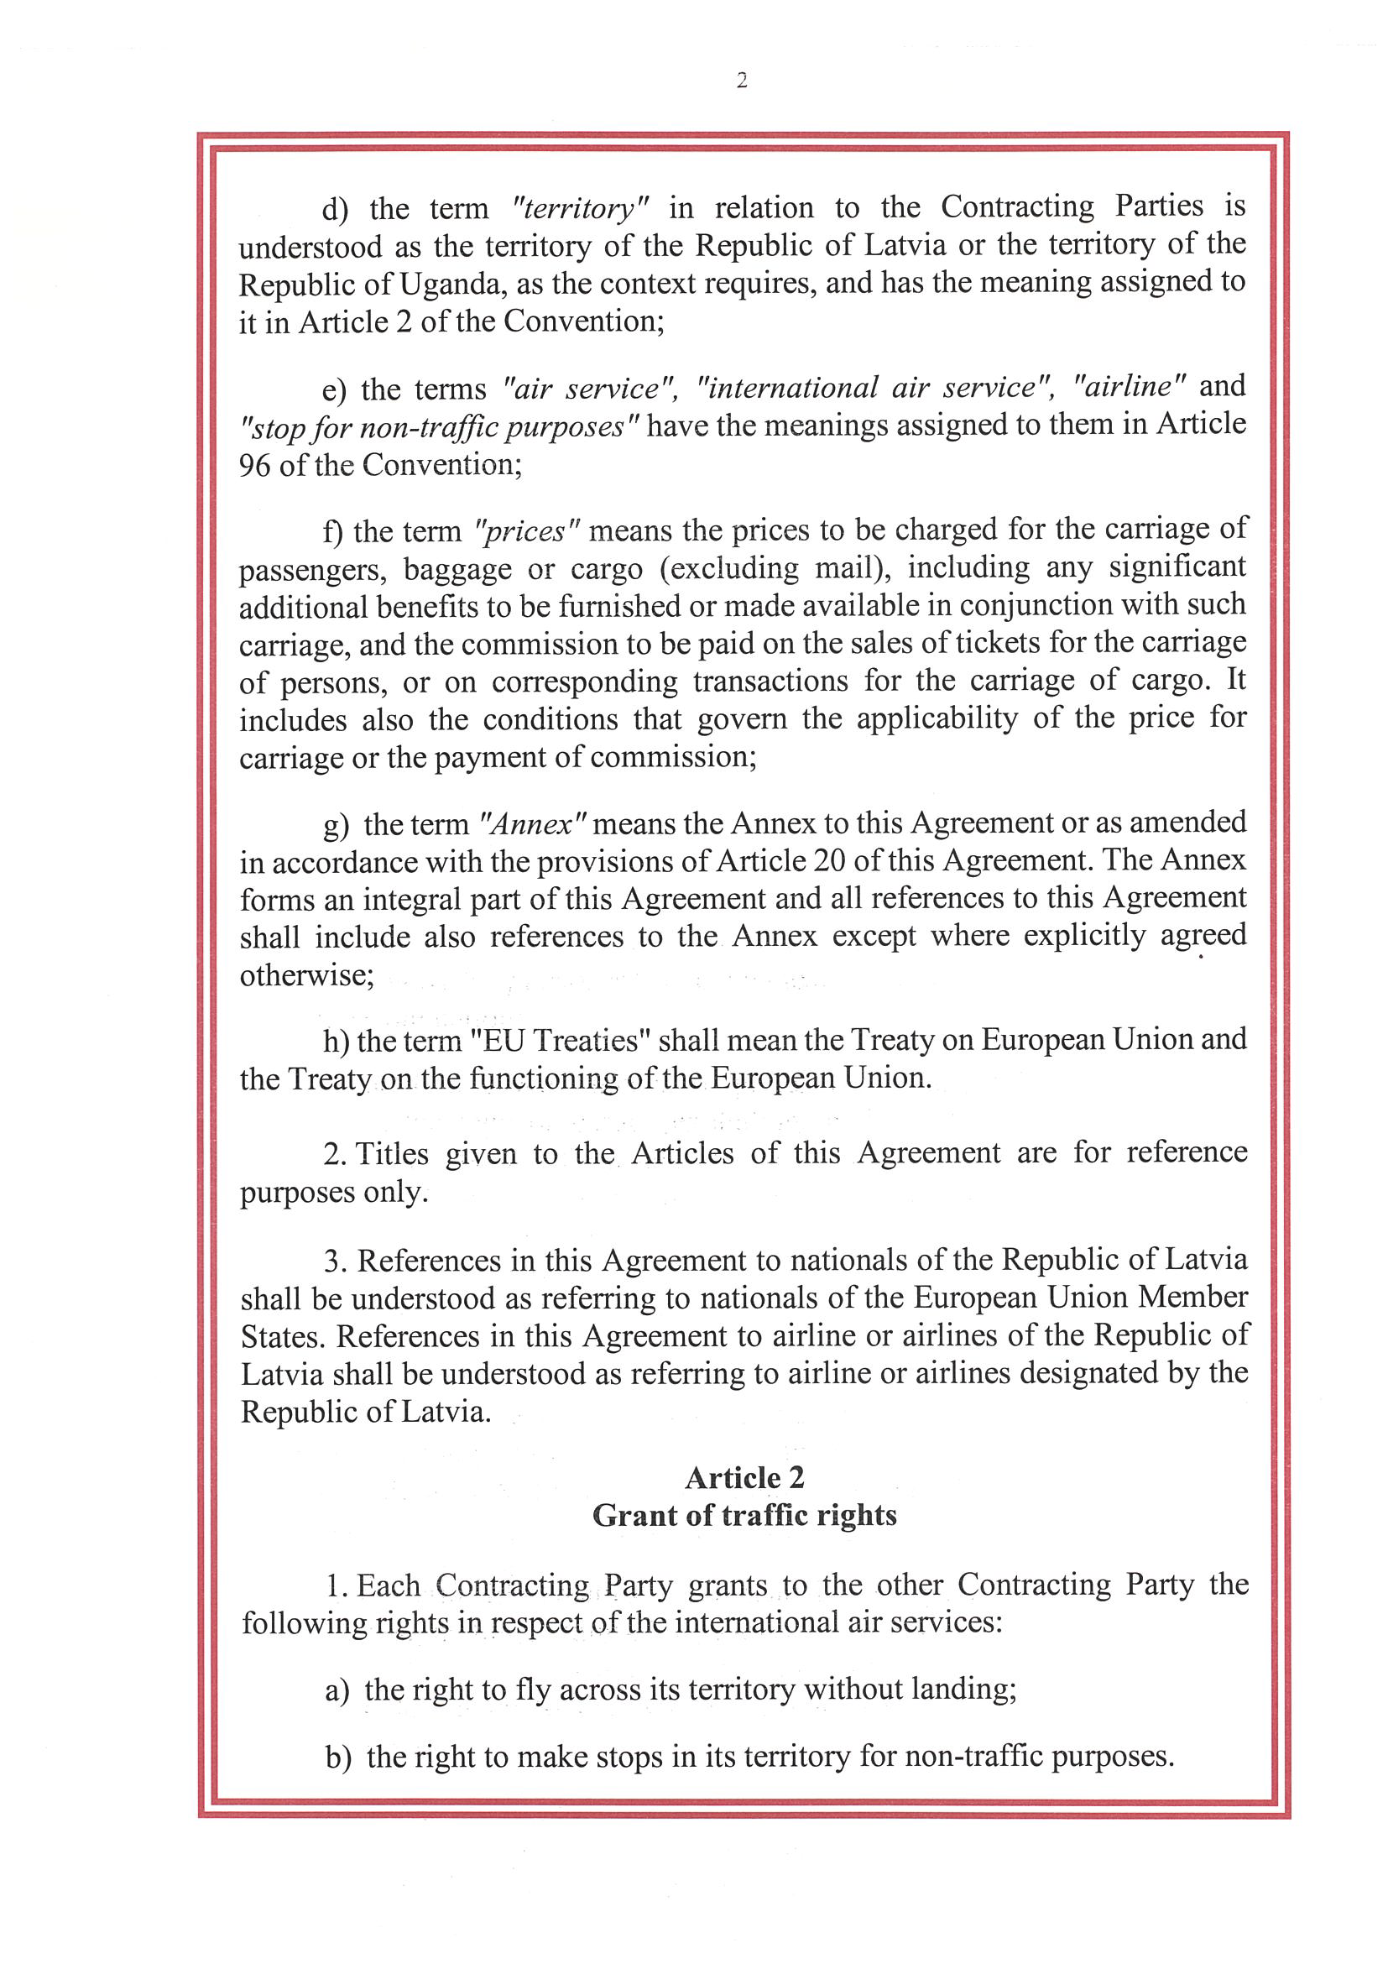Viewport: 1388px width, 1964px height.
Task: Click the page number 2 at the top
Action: pyautogui.click(x=742, y=81)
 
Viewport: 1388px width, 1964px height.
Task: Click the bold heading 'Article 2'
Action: pyautogui.click(x=744, y=1477)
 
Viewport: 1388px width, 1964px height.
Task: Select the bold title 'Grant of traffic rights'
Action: pyautogui.click(x=744, y=1515)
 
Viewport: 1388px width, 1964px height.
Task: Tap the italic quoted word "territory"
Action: pyautogui.click(x=581, y=208)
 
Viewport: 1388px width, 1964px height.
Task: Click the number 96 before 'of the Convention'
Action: pyautogui.click(x=255, y=464)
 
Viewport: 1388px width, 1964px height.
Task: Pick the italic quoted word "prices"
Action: pyautogui.click(x=527, y=531)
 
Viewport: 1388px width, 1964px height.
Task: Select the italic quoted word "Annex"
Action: pyautogui.click(x=533, y=823)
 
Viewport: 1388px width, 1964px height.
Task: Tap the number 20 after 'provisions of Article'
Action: pyautogui.click(x=829, y=859)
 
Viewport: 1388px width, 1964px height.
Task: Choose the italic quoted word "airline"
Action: pyautogui.click(x=1129, y=387)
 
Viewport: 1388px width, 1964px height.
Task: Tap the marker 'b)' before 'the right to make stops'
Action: pyautogui.click(x=338, y=1757)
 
